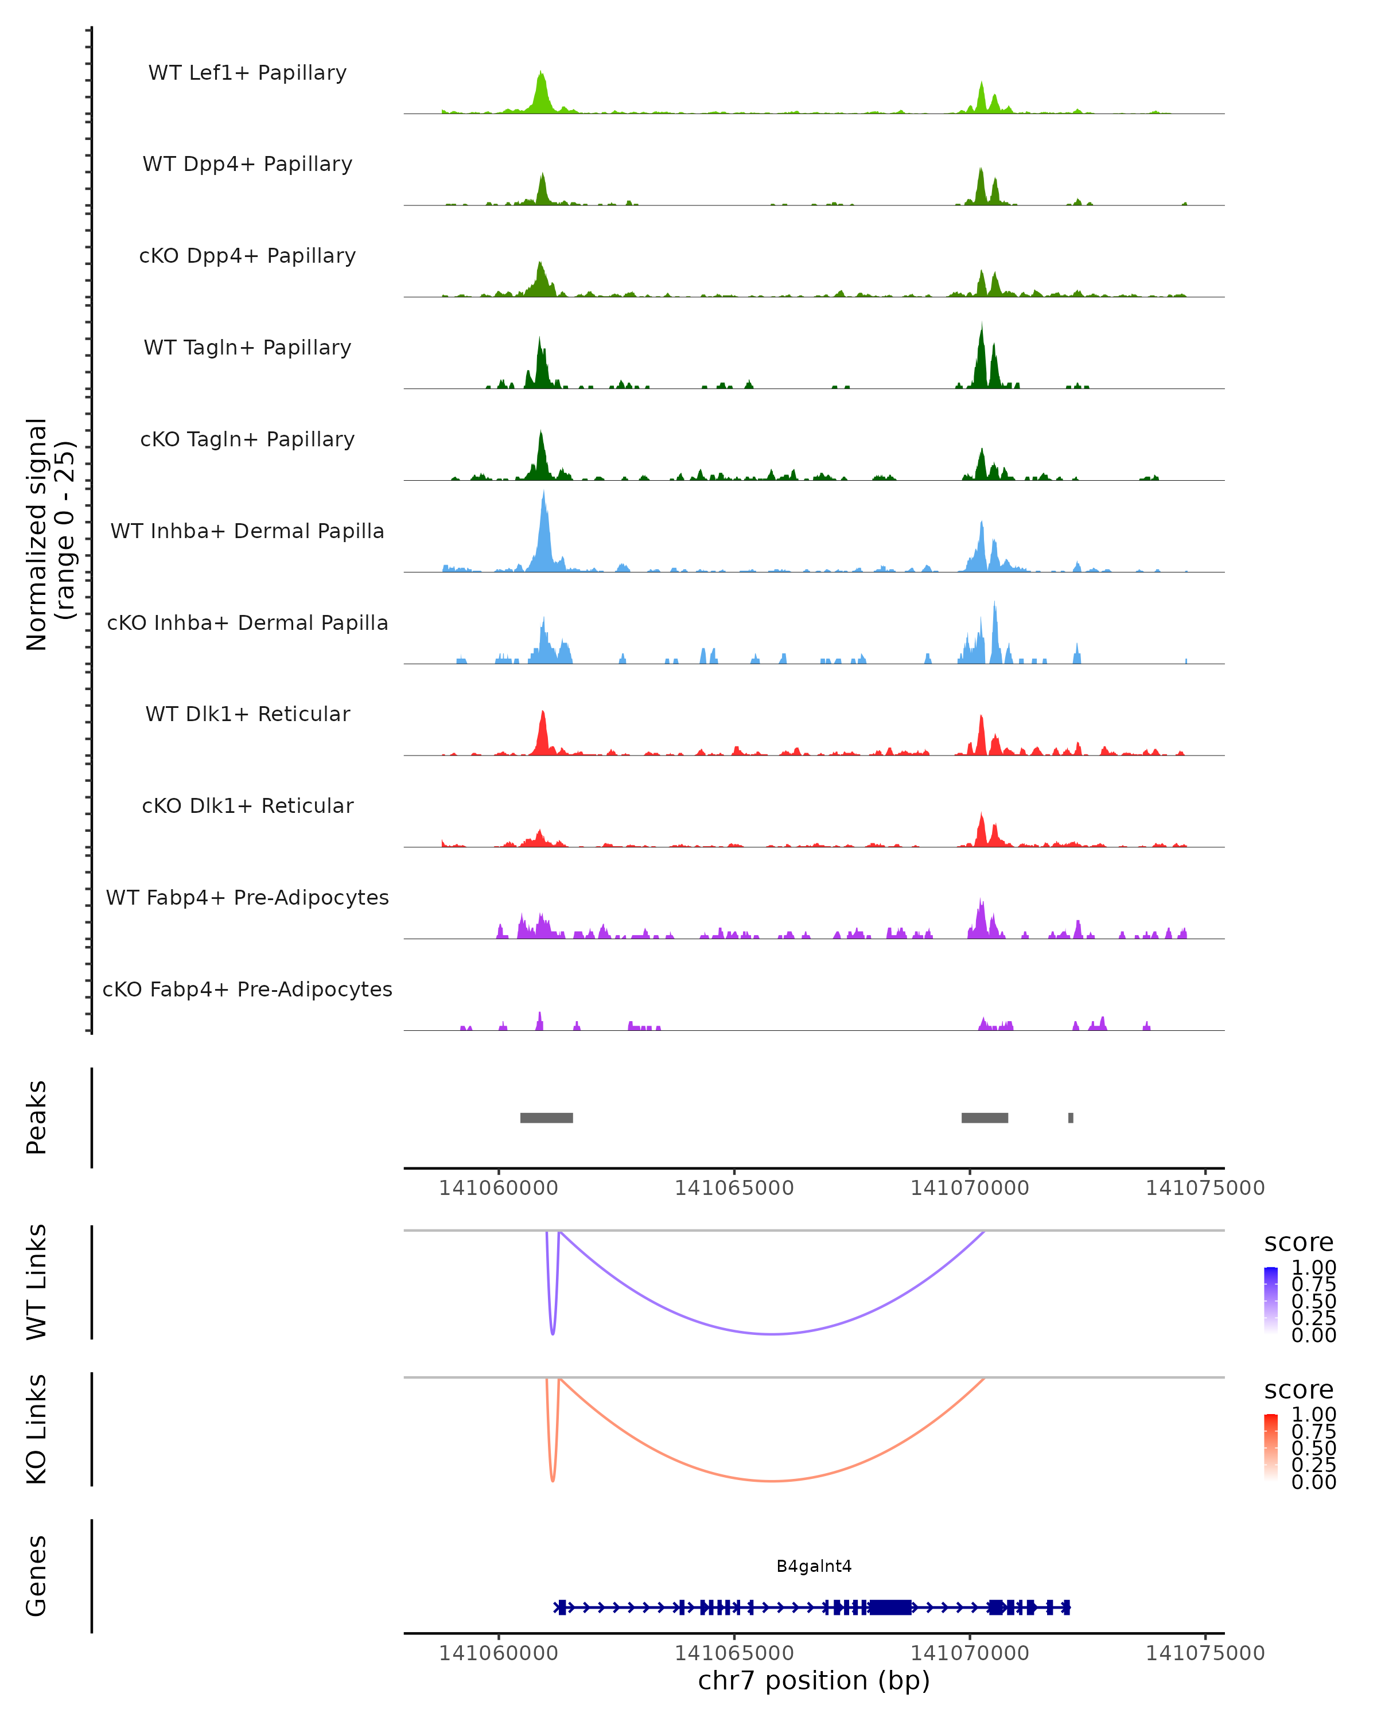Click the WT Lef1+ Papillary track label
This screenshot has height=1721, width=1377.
[x=247, y=73]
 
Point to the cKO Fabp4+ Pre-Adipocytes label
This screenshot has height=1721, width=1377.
[x=247, y=989]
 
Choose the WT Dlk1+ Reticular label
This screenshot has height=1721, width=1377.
[x=247, y=714]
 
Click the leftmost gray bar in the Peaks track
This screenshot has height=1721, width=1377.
[x=546, y=1118]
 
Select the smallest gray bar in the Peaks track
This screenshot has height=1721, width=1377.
[x=1071, y=1118]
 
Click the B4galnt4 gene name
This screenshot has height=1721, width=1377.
[x=814, y=1566]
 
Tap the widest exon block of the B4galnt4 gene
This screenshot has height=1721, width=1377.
[x=890, y=1607]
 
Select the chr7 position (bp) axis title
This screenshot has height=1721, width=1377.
[x=814, y=1680]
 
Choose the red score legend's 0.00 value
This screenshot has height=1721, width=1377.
[x=1313, y=1482]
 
